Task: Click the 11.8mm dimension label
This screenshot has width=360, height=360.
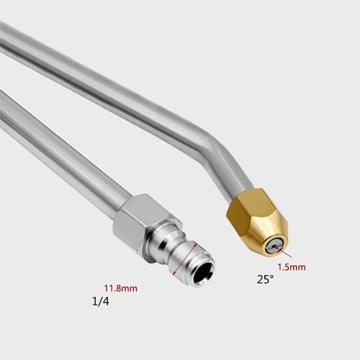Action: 120,288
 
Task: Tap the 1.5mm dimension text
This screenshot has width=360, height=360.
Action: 292,267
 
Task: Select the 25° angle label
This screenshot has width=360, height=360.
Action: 265,279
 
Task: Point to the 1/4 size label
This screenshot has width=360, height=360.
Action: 101,302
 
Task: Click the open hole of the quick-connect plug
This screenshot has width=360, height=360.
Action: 203,271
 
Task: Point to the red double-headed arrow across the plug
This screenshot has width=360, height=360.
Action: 184,259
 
